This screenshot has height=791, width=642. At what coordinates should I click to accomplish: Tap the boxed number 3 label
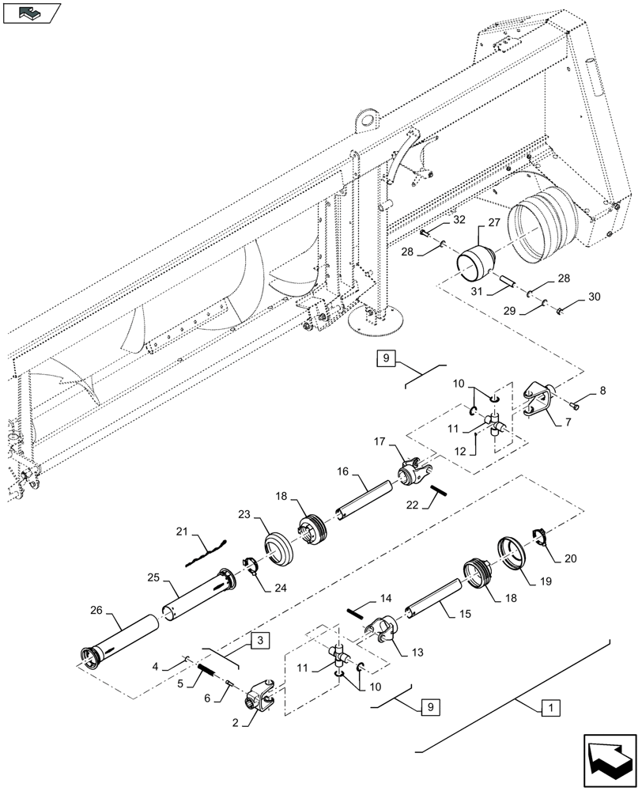[x=261, y=641]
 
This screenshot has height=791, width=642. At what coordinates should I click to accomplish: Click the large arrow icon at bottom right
[x=609, y=761]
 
